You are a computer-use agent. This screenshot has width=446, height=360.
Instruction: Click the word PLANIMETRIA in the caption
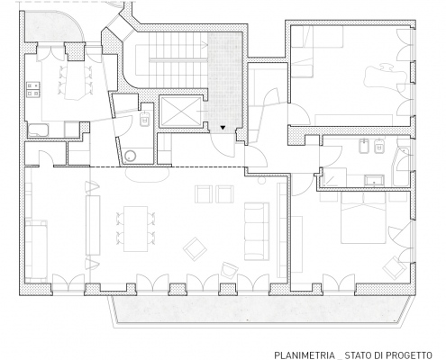click(x=305, y=355)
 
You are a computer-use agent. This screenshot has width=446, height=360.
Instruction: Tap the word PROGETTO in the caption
click(x=409, y=355)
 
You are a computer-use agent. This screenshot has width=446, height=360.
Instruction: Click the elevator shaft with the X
click(x=180, y=111)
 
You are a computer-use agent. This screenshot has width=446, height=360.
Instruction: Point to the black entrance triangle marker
click(x=223, y=128)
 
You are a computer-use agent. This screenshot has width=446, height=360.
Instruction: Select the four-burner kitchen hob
click(x=33, y=90)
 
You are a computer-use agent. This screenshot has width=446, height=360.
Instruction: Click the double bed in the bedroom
click(x=363, y=217)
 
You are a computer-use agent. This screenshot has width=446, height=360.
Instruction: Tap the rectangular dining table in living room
click(x=136, y=229)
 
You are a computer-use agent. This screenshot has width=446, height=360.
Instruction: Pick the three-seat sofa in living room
click(x=257, y=231)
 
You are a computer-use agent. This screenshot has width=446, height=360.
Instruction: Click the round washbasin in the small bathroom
click(x=131, y=156)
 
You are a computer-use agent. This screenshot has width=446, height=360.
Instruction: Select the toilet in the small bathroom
click(x=145, y=119)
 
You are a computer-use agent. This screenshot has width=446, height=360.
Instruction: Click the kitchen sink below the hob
click(x=38, y=130)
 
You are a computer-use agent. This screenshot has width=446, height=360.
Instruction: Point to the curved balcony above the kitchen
click(x=51, y=27)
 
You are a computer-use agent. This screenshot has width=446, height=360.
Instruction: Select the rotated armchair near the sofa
click(x=195, y=248)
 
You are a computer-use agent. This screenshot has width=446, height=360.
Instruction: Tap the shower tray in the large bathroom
click(x=334, y=177)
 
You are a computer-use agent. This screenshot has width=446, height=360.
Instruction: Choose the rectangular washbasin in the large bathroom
click(x=374, y=180)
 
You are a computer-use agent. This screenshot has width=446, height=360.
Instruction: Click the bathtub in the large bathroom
click(x=402, y=166)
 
